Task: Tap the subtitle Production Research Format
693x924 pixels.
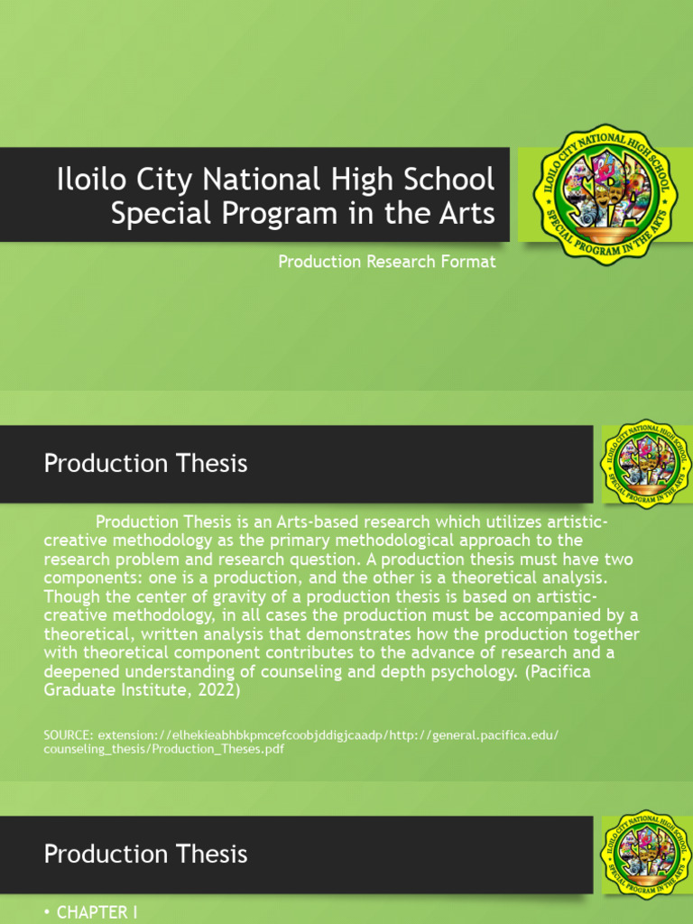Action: [x=387, y=262]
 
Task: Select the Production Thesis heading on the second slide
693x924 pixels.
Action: [x=145, y=464]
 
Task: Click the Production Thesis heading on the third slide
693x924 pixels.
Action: [x=145, y=854]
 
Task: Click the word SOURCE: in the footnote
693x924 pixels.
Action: [x=69, y=735]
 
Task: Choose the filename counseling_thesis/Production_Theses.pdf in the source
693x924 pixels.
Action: [x=164, y=749]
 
